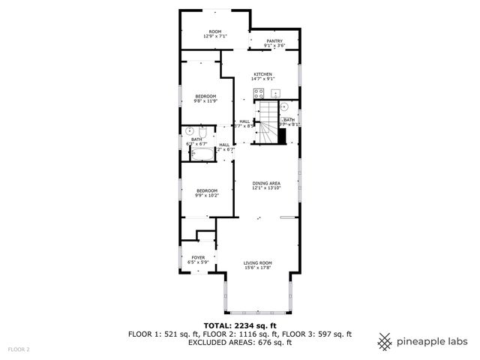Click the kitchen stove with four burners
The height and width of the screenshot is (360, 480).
pyautogui.click(x=258, y=94)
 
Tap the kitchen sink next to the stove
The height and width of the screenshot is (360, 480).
pyautogui.click(x=276, y=94)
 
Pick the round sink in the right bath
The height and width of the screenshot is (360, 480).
pyautogui.click(x=284, y=107)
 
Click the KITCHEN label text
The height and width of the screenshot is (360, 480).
pyautogui.click(x=262, y=74)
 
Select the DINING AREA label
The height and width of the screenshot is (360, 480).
pyautogui.click(x=266, y=184)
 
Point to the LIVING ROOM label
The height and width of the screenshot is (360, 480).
pyautogui.click(x=257, y=262)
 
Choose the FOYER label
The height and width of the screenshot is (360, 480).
pyautogui.click(x=198, y=257)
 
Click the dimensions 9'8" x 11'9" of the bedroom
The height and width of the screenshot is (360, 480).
pyautogui.click(x=206, y=101)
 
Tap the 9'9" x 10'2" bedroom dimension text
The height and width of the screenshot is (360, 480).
pyautogui.click(x=206, y=196)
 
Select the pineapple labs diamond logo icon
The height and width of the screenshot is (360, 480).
pyautogui.click(x=385, y=341)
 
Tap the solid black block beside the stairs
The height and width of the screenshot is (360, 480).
pyautogui.click(x=283, y=136)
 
